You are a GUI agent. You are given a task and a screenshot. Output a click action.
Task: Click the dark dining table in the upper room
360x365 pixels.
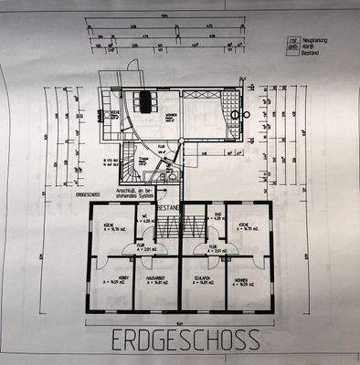145,99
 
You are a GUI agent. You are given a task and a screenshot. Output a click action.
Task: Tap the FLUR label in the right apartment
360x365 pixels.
212,245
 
